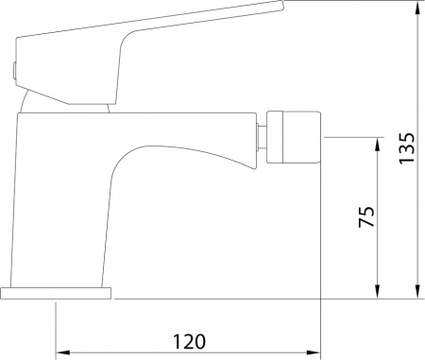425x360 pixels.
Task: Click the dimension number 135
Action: pyautogui.click(x=407, y=148)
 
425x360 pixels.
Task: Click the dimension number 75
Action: pyautogui.click(x=366, y=216)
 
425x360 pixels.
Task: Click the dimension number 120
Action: pyautogui.click(x=190, y=341)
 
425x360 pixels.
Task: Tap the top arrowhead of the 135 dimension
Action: pyautogui.click(x=417, y=7)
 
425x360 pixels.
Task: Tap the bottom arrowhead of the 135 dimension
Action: pyautogui.click(x=417, y=291)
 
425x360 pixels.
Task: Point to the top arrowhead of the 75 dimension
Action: pyautogui.click(x=378, y=144)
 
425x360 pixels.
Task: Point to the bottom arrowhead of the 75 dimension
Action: pyautogui.click(x=378, y=291)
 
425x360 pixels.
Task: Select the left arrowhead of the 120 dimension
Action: pyautogui.click(x=62, y=352)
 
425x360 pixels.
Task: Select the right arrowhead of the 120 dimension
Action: pyautogui.click(x=314, y=352)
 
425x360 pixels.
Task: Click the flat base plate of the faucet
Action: pyautogui.click(x=56, y=293)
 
